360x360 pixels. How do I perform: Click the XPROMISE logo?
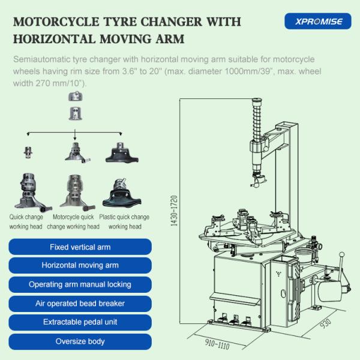[x=314, y=22]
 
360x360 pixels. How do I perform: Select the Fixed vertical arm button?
[x=80, y=247]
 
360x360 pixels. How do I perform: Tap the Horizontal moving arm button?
[x=80, y=265]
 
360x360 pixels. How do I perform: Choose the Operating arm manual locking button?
[x=80, y=284]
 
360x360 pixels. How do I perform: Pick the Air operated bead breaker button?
[x=80, y=303]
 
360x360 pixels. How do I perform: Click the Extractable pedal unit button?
[x=80, y=322]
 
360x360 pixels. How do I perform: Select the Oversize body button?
[x=80, y=341]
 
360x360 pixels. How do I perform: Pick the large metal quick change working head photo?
[x=26, y=191]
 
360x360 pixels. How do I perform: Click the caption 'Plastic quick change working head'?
[x=125, y=221]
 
